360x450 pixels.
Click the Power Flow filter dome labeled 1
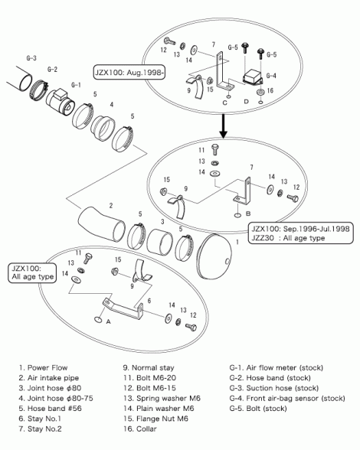(214, 257)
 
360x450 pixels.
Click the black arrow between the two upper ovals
(223, 126)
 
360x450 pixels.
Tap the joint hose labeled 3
(160, 242)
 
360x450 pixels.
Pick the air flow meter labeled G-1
(61, 102)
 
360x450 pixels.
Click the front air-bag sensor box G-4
(253, 77)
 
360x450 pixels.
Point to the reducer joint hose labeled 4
(103, 128)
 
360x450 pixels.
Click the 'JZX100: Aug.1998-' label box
(129, 73)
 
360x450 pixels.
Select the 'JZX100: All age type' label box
(32, 273)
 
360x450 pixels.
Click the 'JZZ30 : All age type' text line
(288, 238)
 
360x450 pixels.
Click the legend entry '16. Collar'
(140, 429)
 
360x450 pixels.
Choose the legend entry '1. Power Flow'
(43, 367)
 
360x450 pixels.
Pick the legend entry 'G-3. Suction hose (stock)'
(273, 388)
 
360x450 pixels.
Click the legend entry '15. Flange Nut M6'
(155, 419)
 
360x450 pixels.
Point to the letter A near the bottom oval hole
(108, 322)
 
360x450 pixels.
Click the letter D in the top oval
(246, 102)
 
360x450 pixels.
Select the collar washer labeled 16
(260, 93)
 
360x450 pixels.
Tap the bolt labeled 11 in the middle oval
(214, 149)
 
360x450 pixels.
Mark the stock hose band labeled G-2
(38, 90)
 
